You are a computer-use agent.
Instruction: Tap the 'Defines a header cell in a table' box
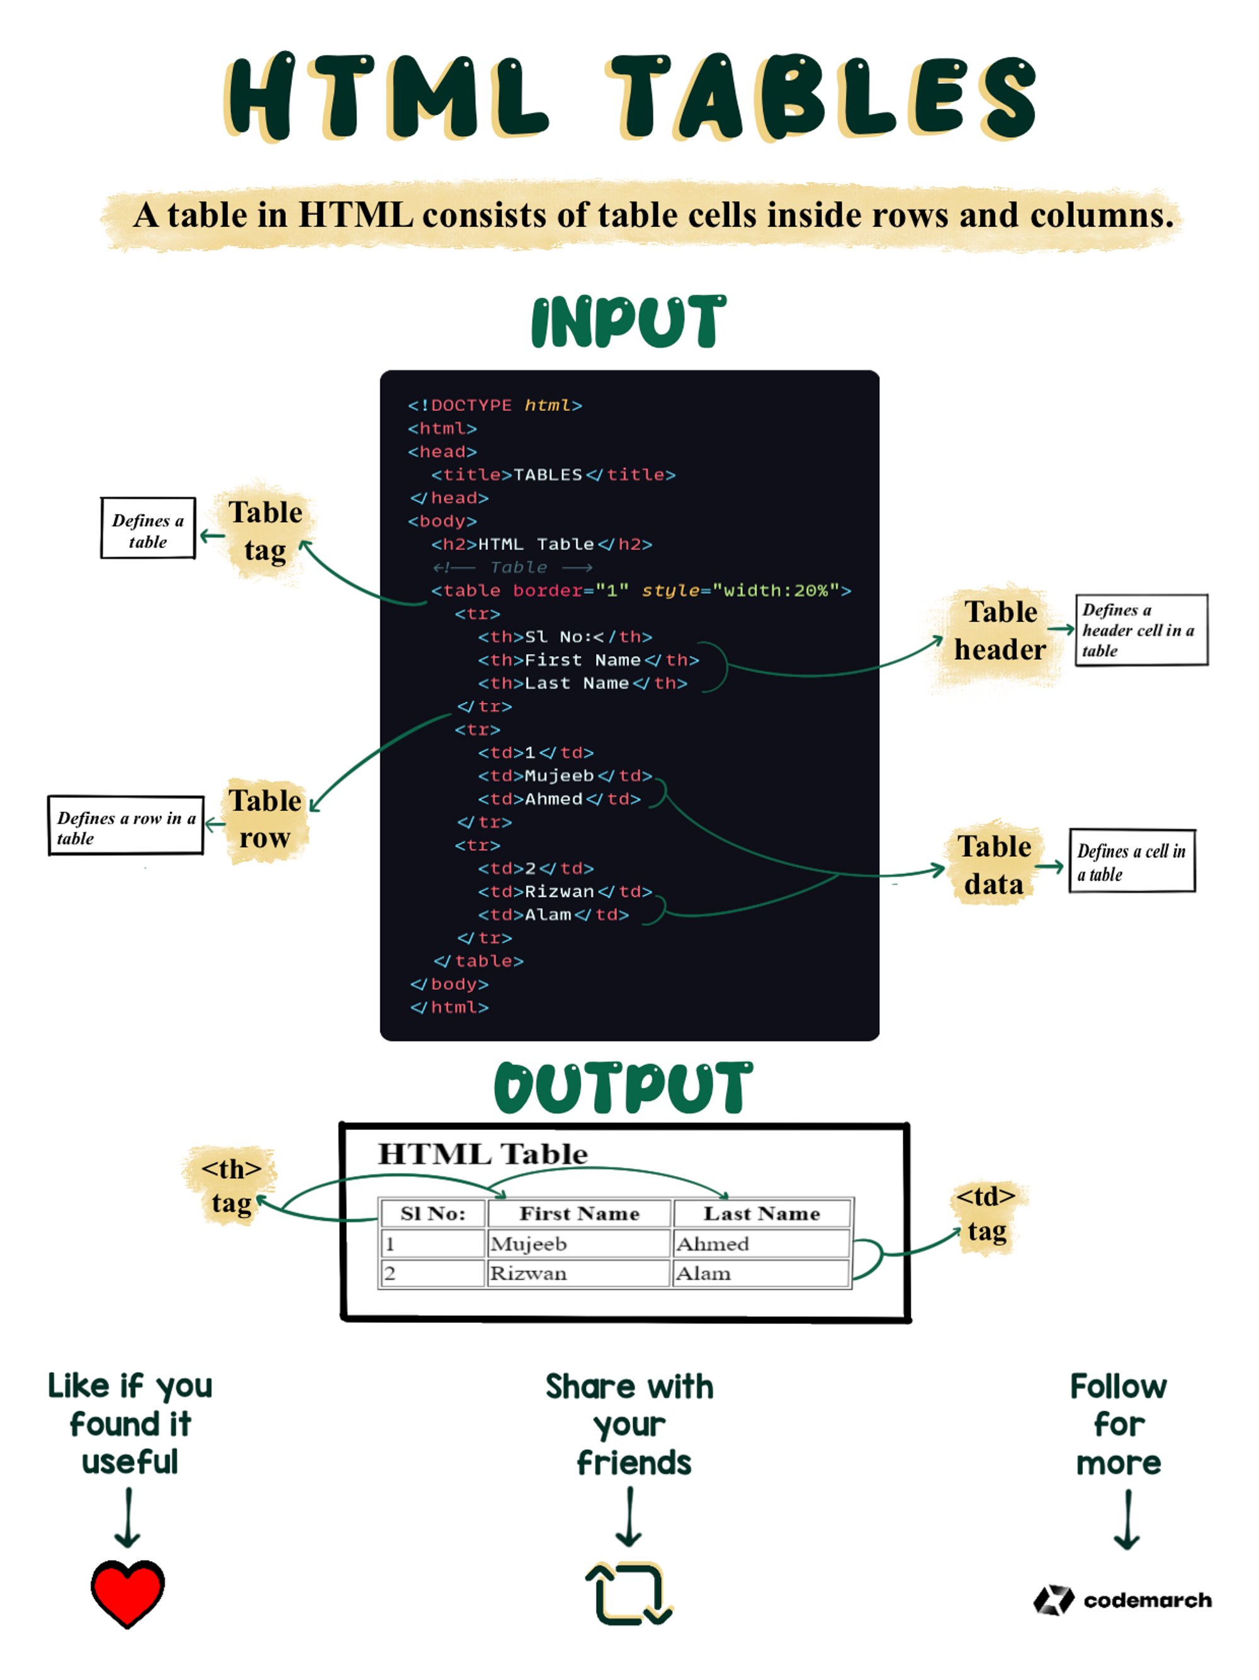(x=1141, y=630)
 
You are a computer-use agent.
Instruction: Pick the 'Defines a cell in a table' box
(x=1131, y=861)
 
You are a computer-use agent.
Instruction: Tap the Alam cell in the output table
(x=761, y=1273)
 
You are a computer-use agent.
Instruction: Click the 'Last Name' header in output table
(x=762, y=1213)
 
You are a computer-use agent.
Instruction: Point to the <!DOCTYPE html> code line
(x=494, y=405)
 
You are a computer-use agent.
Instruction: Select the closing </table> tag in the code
(x=478, y=961)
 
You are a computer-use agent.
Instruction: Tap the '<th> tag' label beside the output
(x=231, y=1186)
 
